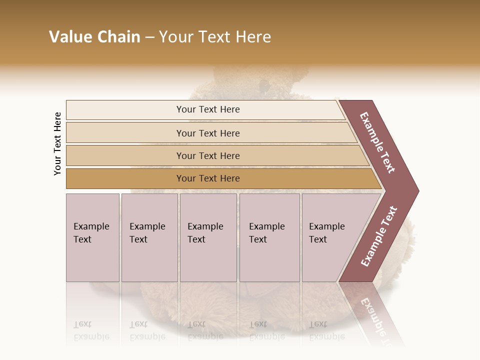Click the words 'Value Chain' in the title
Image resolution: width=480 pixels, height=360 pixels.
[x=94, y=37]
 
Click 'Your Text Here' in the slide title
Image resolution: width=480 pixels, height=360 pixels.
[x=215, y=37]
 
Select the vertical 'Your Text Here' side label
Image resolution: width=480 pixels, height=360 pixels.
[x=57, y=143]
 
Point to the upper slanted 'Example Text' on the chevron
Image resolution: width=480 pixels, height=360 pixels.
[x=377, y=142]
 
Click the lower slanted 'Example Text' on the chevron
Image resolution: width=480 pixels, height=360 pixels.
[x=379, y=236]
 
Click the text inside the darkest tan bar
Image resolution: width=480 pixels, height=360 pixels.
[x=208, y=178]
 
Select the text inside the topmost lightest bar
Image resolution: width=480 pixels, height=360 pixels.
[x=208, y=109]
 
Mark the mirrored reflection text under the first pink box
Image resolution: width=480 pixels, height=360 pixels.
[x=91, y=331]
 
